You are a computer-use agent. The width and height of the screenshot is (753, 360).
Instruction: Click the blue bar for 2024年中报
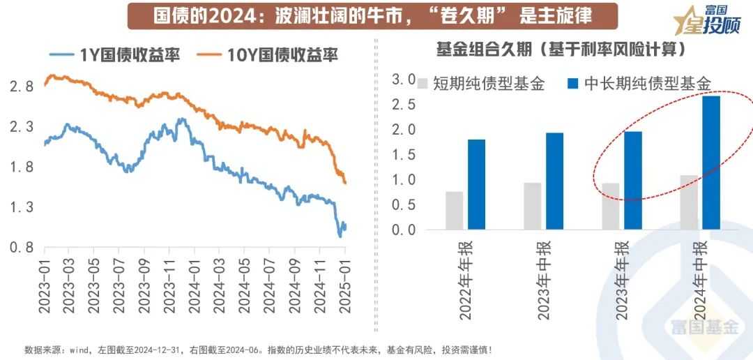(x=711, y=162)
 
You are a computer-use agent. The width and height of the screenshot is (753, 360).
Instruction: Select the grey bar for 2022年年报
(x=455, y=210)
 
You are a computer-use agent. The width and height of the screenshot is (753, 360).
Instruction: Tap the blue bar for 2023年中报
(x=555, y=181)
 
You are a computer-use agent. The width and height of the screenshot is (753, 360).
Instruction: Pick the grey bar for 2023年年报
(x=611, y=206)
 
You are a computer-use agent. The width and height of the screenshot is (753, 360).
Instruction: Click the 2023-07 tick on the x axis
(x=119, y=283)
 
